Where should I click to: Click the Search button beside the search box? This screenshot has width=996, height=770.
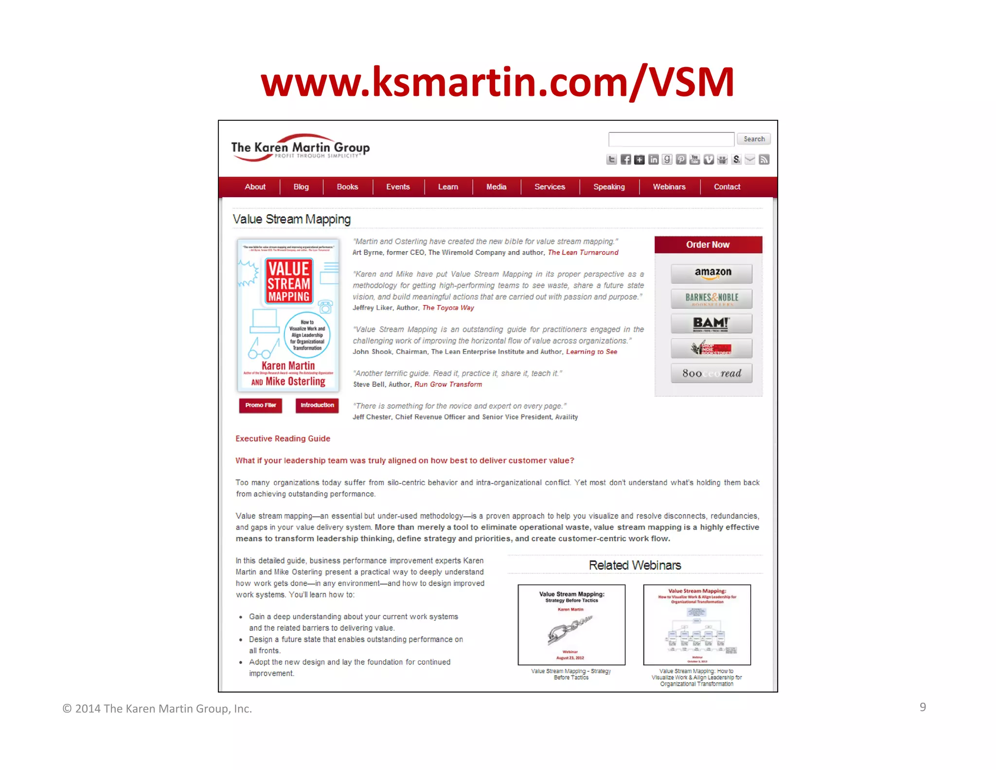coord(753,139)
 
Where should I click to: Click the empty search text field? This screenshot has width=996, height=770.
coord(671,139)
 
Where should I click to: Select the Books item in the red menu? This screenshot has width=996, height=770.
coord(347,187)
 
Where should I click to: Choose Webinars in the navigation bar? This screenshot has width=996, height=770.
coord(669,187)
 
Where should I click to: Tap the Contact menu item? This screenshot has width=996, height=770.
coord(727,187)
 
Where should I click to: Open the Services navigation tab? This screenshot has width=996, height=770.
coord(550,187)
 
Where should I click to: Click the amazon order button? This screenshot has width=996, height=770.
coord(711,274)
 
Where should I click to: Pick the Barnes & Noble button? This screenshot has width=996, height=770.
coord(711,298)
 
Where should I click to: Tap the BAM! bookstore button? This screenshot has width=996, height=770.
coord(711,324)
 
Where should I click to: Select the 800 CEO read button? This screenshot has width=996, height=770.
coord(711,373)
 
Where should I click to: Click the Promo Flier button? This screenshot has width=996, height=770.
coord(261,405)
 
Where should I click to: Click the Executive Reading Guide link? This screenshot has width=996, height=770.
coord(283,439)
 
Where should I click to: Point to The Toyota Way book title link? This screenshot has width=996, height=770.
coord(448,308)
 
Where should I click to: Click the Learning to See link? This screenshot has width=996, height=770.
coord(591,352)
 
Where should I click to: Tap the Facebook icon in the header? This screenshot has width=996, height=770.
coord(625,160)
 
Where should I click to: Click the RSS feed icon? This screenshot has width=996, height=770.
coord(764,160)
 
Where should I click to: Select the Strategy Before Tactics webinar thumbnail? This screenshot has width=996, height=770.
coord(571,625)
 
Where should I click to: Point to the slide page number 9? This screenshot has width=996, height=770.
coord(923,707)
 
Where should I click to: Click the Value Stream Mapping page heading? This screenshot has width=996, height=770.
coord(292,220)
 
